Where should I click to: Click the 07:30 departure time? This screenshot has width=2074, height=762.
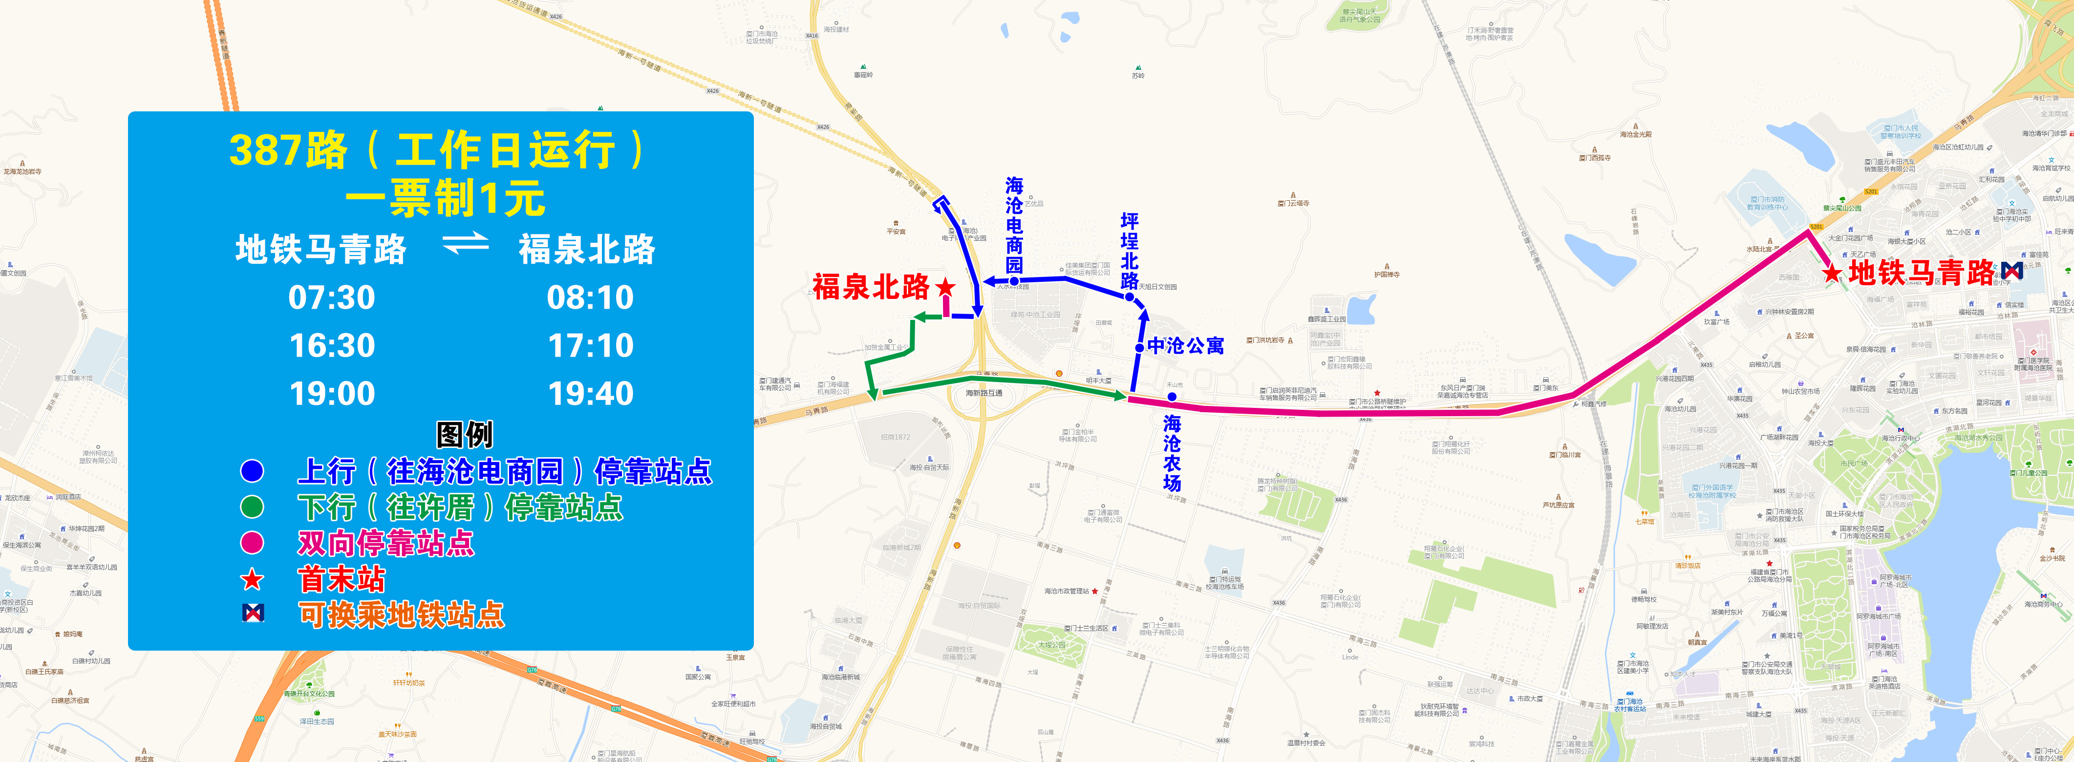click(x=332, y=298)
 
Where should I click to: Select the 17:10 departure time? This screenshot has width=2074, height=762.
click(x=591, y=346)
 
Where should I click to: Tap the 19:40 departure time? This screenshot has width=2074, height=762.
click(x=591, y=394)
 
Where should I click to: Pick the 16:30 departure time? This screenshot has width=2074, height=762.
click(x=332, y=346)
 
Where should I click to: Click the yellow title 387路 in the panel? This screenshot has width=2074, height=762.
click(x=288, y=150)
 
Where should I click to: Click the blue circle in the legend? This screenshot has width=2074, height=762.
click(x=252, y=471)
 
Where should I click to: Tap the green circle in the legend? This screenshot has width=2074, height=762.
click(x=252, y=507)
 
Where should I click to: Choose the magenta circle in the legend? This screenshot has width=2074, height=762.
click(x=252, y=542)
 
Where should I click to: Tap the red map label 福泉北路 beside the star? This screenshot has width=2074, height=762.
click(x=871, y=286)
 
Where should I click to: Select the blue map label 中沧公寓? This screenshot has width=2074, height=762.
click(x=1185, y=346)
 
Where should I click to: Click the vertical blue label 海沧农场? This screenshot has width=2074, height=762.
click(x=1172, y=452)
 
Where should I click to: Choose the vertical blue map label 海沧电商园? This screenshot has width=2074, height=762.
click(x=1014, y=225)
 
